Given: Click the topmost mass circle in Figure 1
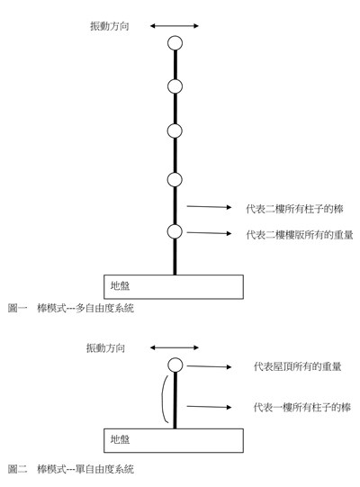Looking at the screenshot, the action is (x=175, y=43).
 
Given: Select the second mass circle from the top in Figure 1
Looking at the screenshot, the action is (x=175, y=86).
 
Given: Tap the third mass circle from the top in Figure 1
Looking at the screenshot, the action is (x=175, y=131).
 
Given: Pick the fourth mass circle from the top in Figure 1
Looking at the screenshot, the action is (x=175, y=179).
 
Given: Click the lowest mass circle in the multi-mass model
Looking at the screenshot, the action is (x=175, y=231).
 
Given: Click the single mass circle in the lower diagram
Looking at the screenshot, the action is (x=175, y=365).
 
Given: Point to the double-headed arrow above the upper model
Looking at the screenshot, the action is (x=175, y=26).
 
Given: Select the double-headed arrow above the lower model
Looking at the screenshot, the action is (x=175, y=347).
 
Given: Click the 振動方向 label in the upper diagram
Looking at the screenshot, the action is (x=110, y=26).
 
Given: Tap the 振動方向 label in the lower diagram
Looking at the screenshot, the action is (x=105, y=347).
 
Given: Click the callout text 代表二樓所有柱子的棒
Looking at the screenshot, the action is (x=294, y=209).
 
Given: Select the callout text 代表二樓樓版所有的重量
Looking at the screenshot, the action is (x=300, y=234).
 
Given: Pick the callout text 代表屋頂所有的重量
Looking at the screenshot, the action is (x=297, y=366).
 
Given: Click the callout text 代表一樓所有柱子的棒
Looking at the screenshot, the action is (x=301, y=407).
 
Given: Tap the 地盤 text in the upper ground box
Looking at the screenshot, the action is (x=120, y=285).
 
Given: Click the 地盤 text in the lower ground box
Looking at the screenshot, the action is (x=120, y=439).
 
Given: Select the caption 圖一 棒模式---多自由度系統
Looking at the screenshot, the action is (x=71, y=308).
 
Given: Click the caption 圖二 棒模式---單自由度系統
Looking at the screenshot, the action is (x=71, y=469).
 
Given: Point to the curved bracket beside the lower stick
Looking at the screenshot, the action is (x=163, y=399).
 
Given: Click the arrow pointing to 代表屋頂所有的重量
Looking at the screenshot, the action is (x=209, y=366).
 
